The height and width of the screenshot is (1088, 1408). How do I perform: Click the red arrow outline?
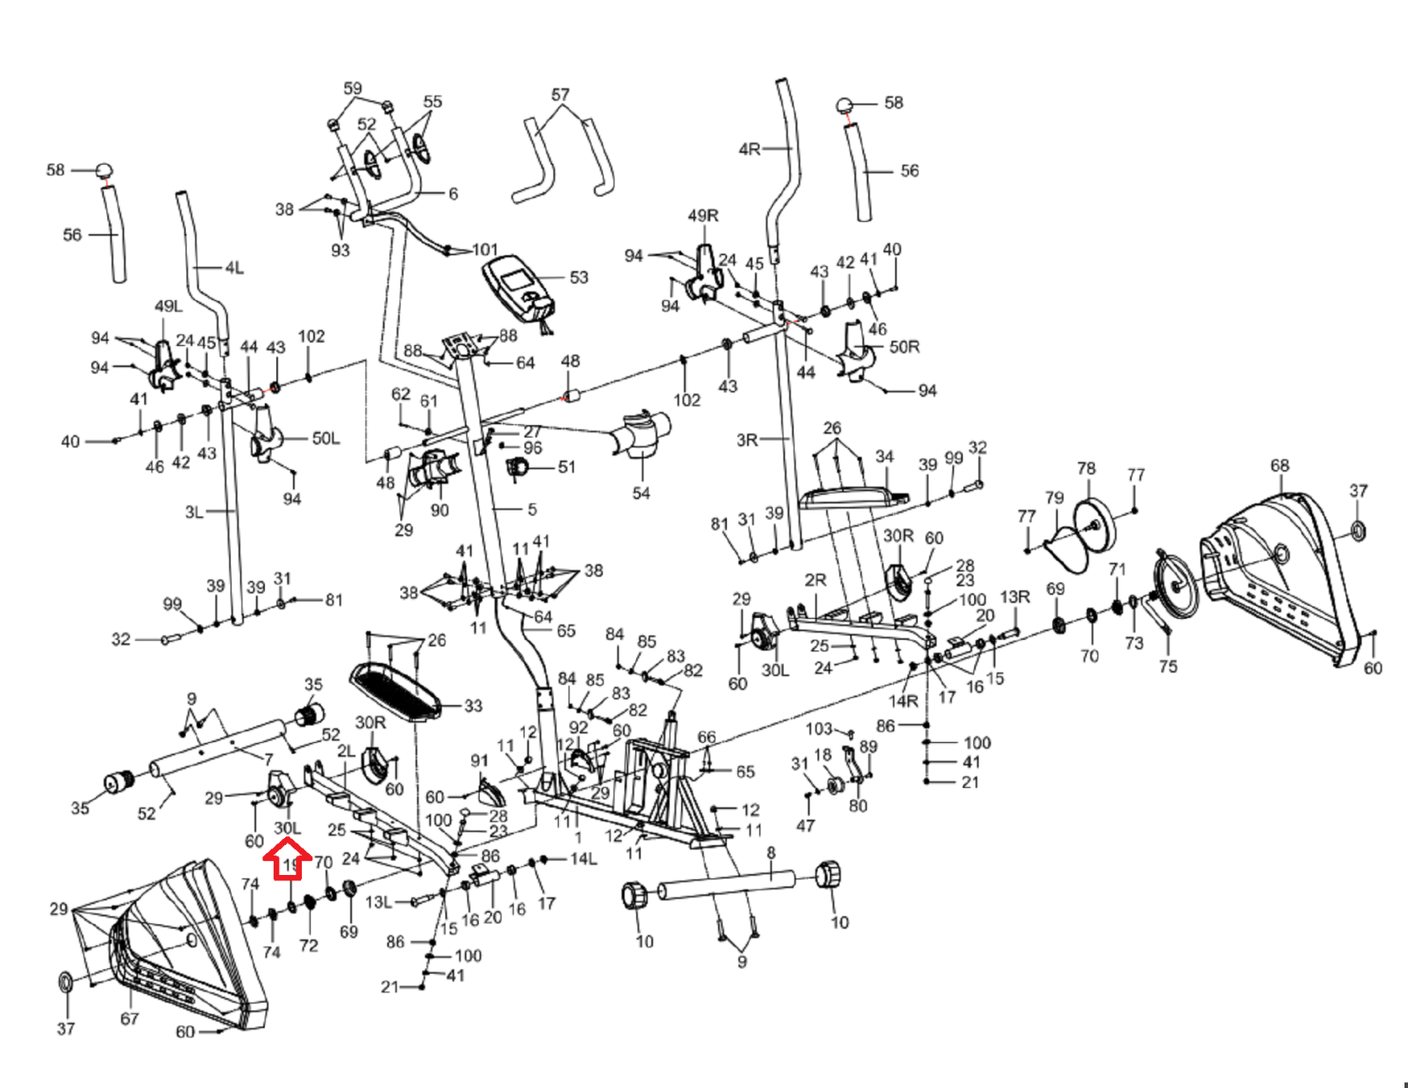[x=288, y=860]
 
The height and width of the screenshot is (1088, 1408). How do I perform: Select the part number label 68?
[x=1280, y=466]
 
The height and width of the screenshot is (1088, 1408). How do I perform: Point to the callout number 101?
[x=485, y=250]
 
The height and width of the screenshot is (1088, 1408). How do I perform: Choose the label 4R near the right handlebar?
[x=750, y=150]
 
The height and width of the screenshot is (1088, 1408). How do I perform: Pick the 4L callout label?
[x=234, y=268]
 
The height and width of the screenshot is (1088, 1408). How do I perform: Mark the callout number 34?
[x=884, y=456]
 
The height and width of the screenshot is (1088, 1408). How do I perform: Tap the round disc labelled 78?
[x=1094, y=523]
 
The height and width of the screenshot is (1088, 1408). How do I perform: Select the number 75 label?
[x=1168, y=666]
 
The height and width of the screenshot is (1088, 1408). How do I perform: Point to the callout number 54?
[x=642, y=494]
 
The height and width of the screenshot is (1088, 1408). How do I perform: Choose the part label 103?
[x=818, y=729]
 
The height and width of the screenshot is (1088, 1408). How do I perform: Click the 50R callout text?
[x=905, y=347]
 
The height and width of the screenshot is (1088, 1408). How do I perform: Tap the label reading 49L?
[x=168, y=306]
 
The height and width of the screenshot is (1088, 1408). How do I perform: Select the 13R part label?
[x=1015, y=597]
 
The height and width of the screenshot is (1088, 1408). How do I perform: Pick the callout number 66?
[x=707, y=738]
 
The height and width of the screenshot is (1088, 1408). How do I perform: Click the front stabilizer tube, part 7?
[x=220, y=747]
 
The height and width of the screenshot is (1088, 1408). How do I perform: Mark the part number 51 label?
[x=567, y=467]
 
